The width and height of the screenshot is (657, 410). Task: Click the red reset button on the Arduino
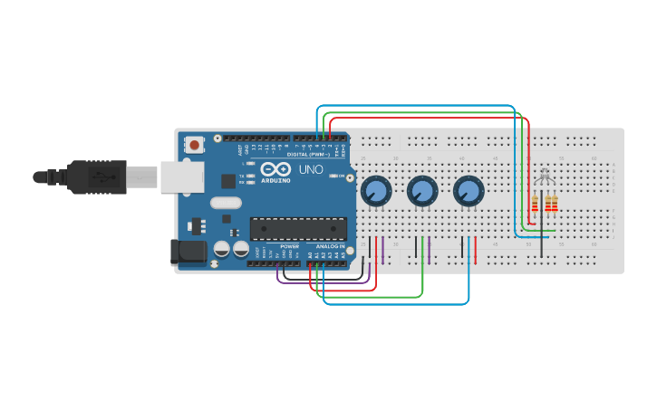point(195,144)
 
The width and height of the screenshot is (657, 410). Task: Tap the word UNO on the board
point(311,169)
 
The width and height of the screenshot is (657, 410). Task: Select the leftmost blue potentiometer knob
point(375,191)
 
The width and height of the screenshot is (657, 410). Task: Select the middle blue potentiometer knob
point(421,191)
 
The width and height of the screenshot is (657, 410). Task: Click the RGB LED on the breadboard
point(543,176)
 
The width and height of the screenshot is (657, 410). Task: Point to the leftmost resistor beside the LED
point(535,205)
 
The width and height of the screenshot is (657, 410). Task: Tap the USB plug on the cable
point(95,177)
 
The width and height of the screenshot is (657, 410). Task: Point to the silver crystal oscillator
point(226,204)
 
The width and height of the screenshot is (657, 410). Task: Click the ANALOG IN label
point(330,246)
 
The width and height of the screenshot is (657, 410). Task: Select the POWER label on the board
point(290,246)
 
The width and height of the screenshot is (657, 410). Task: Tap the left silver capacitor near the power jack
point(222,249)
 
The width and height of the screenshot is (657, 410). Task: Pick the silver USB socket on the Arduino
point(182,177)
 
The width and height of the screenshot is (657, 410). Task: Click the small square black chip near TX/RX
point(227,181)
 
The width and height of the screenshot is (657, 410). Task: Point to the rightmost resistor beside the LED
point(554,205)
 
